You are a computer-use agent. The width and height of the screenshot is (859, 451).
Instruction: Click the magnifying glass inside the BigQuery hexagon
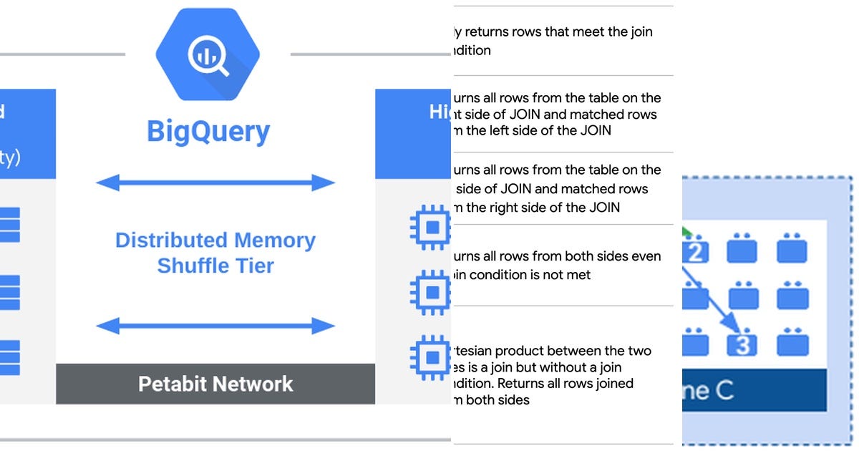coord(208,56)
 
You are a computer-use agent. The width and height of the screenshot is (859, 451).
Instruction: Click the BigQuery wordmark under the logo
coord(208,132)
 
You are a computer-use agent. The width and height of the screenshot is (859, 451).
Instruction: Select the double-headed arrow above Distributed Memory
coord(215,183)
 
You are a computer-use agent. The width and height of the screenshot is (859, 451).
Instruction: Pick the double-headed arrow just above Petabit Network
coord(215,326)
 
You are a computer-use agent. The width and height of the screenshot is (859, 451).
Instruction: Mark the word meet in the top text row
coord(581,31)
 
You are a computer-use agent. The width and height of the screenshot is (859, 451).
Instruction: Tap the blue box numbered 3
coord(742,344)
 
